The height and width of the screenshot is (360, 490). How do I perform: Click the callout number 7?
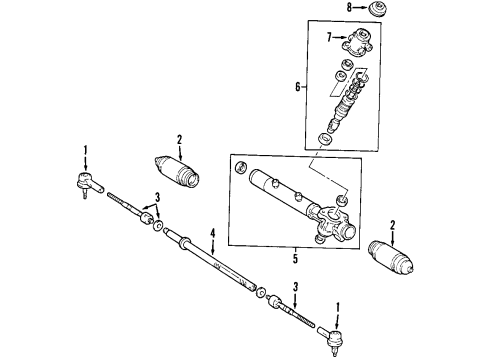click(x=328, y=37)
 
